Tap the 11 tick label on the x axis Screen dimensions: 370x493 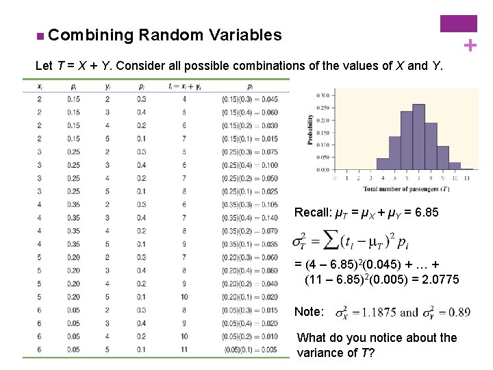(467, 177)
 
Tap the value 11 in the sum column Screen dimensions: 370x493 (184, 349)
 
